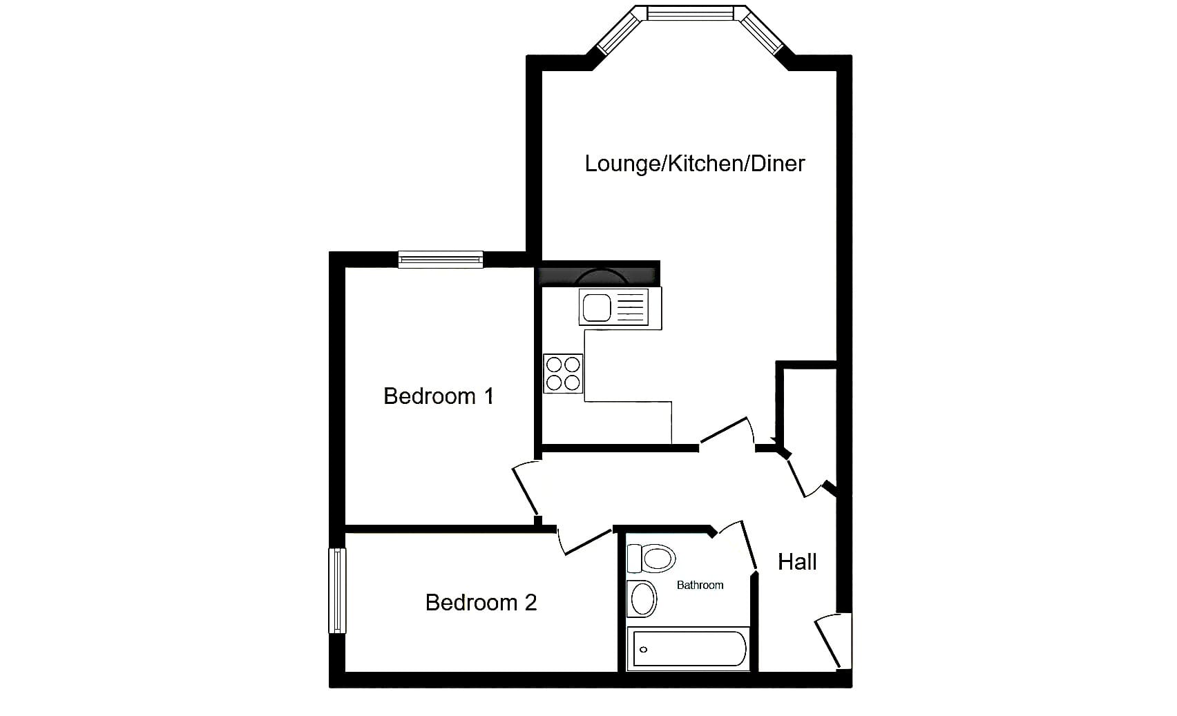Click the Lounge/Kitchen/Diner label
(695, 164)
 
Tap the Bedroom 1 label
(439, 396)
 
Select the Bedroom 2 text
(481, 603)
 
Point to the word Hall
(797, 562)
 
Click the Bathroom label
(700, 586)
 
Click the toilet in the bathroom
(651, 558)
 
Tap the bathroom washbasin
(642, 599)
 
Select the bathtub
(689, 649)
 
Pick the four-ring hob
(563, 374)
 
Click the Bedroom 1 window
(440, 260)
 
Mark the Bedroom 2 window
(337, 590)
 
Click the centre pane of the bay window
(691, 13)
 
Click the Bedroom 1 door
(525, 489)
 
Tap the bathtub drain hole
(643, 650)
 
